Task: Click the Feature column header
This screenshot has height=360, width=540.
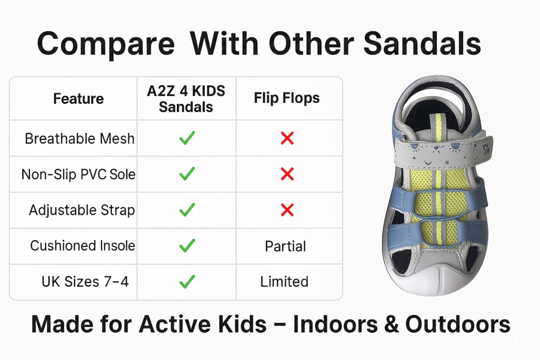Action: pos(78,98)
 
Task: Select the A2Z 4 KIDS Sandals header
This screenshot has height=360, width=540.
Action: pos(186,99)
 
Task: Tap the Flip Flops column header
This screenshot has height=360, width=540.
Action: pos(286,98)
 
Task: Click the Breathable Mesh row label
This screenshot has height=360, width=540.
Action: pos(80,138)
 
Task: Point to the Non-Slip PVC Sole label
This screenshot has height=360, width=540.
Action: pos(78,174)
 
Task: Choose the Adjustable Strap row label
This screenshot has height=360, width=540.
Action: pos(82,210)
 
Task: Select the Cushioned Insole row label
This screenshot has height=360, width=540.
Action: pos(83,245)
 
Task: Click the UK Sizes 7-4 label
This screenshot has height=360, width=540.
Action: pos(85,281)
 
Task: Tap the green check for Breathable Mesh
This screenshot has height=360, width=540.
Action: pos(187,138)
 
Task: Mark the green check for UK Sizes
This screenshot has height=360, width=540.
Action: pos(187,281)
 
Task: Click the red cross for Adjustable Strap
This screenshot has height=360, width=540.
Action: pos(287,210)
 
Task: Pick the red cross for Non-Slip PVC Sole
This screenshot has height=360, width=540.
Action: pos(287,174)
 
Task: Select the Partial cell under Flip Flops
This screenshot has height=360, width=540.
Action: pos(286,246)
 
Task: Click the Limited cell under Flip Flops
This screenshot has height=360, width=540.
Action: pos(284,281)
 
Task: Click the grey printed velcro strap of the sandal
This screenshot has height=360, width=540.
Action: pos(442,152)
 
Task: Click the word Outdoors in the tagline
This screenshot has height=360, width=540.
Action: pos(458,324)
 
